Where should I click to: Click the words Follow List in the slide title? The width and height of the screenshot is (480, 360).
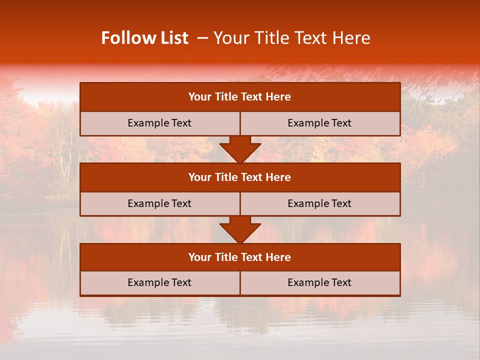point(144,38)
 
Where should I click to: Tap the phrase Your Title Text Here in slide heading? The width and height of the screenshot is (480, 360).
point(292,38)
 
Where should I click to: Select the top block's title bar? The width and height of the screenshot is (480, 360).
point(240,97)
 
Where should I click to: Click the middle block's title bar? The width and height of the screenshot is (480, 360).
point(240,177)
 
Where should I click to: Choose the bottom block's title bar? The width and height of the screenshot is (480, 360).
point(240,257)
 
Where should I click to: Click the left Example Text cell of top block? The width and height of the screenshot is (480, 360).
point(160,123)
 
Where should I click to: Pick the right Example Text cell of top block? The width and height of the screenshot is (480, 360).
point(320,123)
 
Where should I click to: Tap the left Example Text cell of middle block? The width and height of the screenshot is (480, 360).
point(160,203)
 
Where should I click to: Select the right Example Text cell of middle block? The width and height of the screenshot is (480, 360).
point(320,203)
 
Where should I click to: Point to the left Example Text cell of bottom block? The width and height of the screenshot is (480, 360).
point(160,282)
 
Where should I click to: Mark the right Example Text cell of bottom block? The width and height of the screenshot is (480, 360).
point(320,282)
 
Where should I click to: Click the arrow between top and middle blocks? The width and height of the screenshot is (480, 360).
point(240,149)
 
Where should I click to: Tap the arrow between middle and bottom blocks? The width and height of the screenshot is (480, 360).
point(240,229)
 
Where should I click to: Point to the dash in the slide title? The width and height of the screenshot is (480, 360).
point(202,38)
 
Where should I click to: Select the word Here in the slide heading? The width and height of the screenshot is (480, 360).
point(352,38)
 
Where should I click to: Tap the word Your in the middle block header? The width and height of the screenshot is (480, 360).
point(198,177)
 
